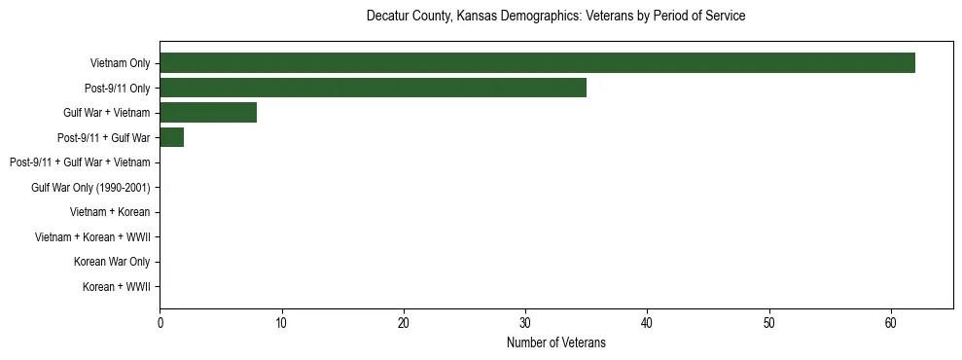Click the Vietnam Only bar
[537, 63]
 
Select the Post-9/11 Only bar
[373, 89]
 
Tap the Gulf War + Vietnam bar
[208, 113]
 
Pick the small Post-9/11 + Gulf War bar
[171, 138]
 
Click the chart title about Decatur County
[555, 17]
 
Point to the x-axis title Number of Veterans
[555, 342]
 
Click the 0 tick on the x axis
[160, 323]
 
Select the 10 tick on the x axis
[281, 323]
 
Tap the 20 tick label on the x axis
[404, 323]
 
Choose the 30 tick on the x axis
[525, 323]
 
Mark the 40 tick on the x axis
[647, 323]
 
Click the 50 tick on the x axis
[769, 323]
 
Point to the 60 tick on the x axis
[891, 323]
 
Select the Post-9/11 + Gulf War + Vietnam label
[80, 162]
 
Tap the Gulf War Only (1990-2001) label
[90, 188]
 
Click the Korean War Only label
[112, 262]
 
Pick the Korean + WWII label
[116, 287]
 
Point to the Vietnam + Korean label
[110, 212]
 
